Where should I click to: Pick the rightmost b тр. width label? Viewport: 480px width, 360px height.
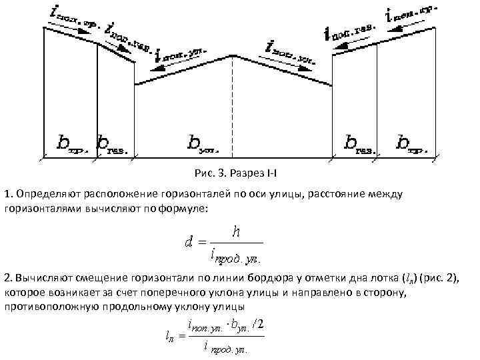click(410, 143)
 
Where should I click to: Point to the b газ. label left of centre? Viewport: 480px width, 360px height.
click(114, 143)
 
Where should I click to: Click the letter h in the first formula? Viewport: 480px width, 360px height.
click(235, 231)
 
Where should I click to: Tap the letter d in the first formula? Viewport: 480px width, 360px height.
click(189, 242)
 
